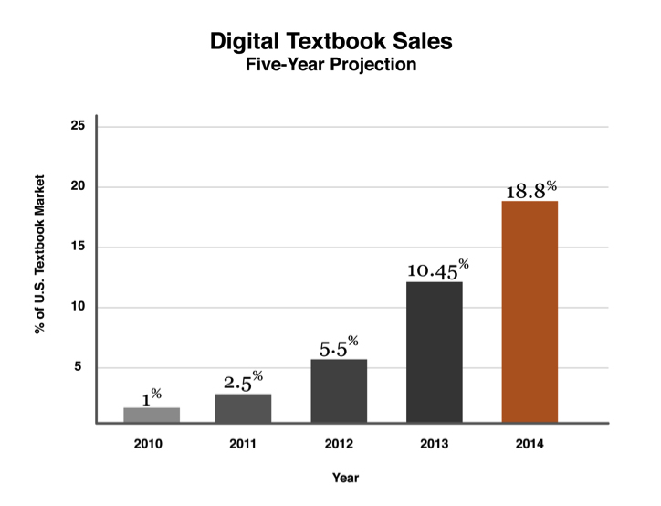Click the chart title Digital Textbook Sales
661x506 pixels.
click(x=330, y=42)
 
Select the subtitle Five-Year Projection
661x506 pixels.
click(x=330, y=66)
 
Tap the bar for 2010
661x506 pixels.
click(x=152, y=416)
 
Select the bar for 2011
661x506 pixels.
click(x=243, y=408)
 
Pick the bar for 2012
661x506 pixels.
click(x=340, y=391)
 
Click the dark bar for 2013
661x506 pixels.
click(x=435, y=353)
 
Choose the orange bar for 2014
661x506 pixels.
click(x=530, y=311)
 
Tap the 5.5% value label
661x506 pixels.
click(x=340, y=348)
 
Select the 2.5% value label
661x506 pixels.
click(x=244, y=382)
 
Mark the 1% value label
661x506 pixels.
click(x=152, y=397)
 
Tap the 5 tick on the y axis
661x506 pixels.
click(x=80, y=367)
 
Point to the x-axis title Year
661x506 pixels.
click(x=345, y=478)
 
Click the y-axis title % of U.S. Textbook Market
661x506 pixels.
click(x=39, y=274)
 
